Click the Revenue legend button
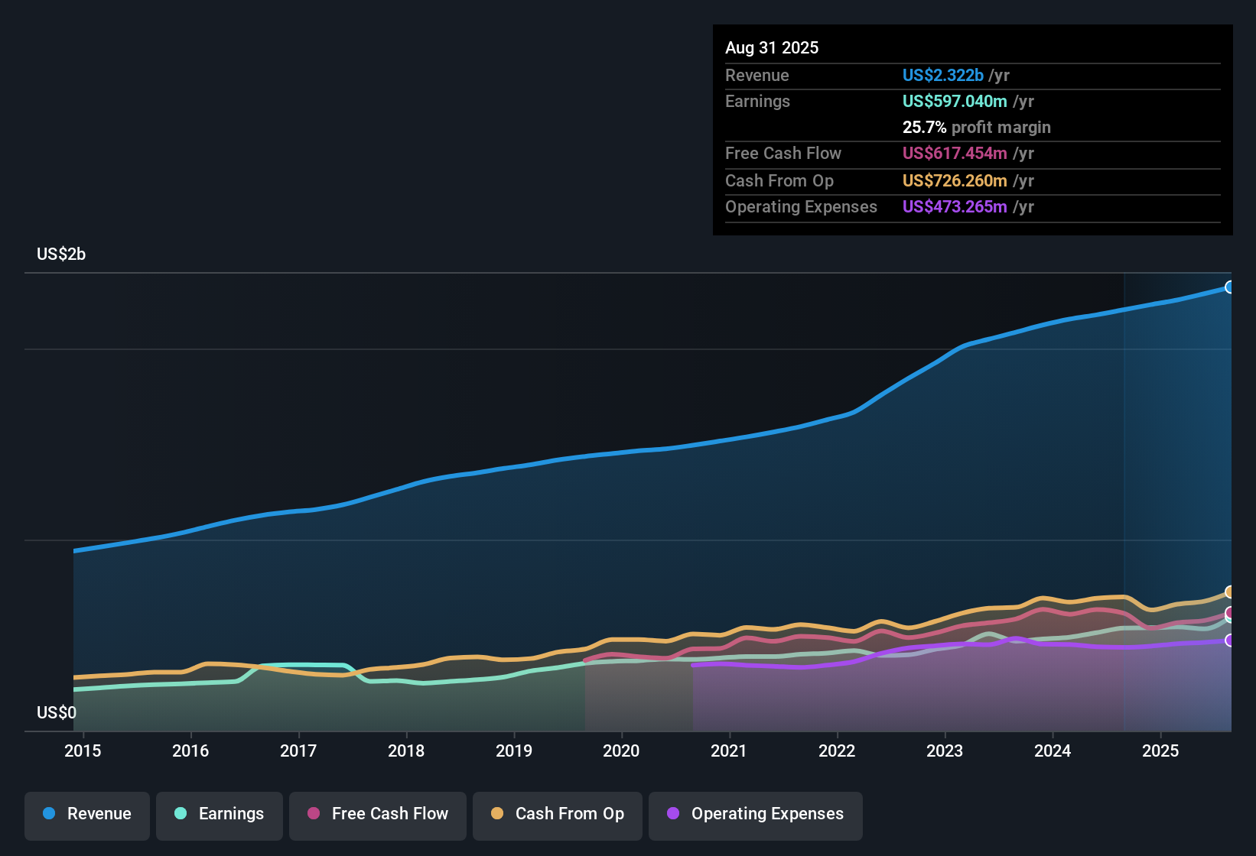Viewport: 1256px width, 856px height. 87,815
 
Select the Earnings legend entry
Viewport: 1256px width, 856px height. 220,815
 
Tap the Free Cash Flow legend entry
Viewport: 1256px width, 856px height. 378,815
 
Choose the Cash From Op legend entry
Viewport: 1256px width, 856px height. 558,815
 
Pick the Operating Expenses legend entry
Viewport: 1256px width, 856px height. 756,815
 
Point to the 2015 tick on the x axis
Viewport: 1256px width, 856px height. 83,751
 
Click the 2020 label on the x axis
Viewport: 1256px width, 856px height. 621,751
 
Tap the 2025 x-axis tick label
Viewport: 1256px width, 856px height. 1160,751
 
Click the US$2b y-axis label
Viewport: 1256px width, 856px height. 61,255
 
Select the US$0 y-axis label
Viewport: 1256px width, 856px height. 57,713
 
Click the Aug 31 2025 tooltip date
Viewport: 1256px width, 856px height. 772,48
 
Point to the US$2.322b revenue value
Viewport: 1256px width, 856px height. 942,76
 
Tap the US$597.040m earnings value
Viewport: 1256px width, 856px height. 955,102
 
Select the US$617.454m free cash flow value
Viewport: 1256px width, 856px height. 955,154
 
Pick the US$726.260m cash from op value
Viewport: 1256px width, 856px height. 955,181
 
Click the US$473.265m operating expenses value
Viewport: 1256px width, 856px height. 955,207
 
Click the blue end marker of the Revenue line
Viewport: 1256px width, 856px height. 1230,287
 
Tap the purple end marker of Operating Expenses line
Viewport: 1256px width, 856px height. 1230,640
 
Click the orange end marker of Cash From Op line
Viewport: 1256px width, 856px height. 1230,592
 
